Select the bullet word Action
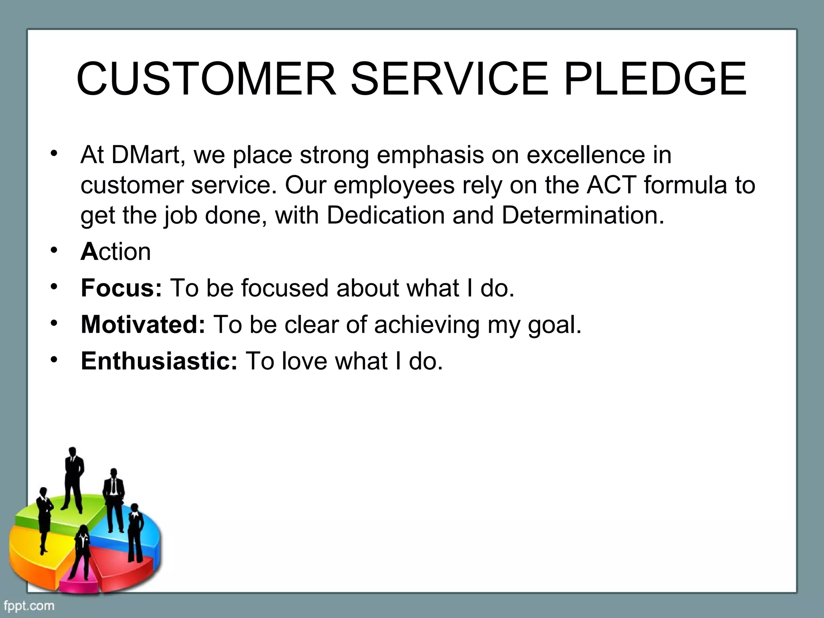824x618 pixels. point(116,252)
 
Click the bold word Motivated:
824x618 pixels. point(143,324)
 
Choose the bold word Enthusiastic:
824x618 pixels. point(159,360)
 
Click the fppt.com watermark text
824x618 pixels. point(29,606)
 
